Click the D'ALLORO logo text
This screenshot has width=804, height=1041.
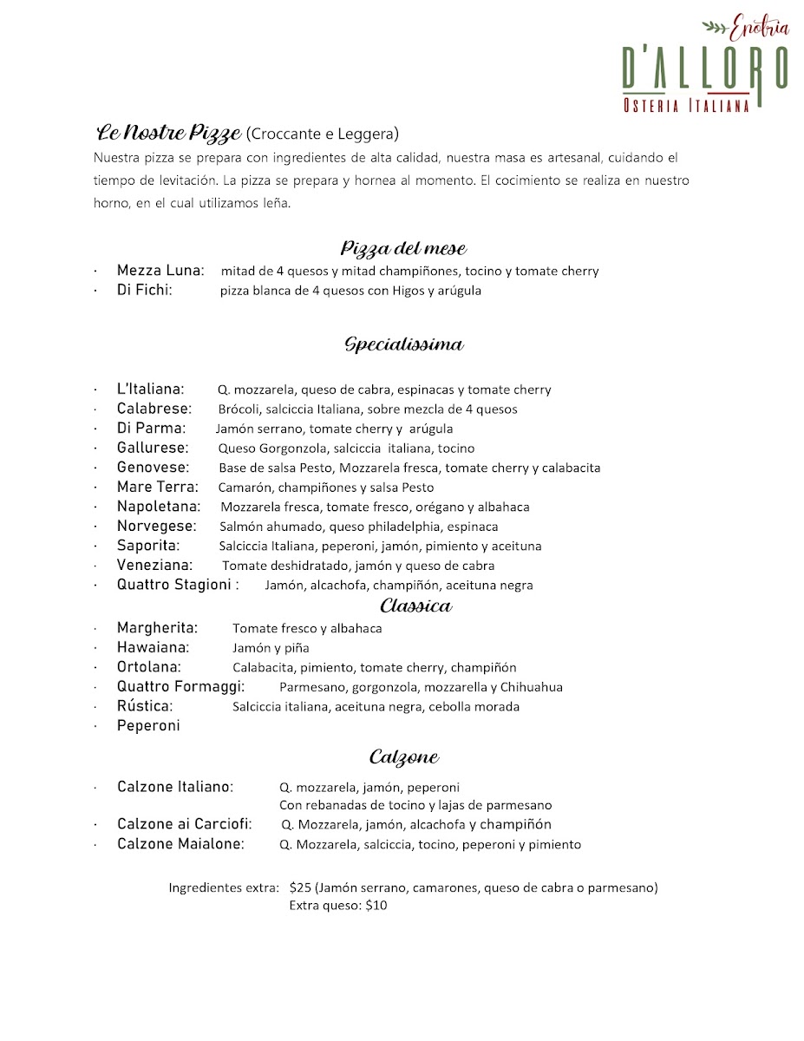(x=704, y=67)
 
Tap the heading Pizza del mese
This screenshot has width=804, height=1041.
(x=403, y=248)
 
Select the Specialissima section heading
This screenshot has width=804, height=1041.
(x=403, y=344)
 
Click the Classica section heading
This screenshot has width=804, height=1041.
(x=415, y=606)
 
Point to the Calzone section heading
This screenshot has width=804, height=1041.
(x=403, y=757)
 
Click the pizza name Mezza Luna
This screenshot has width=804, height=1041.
(x=160, y=271)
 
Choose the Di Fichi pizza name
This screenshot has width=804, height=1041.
(x=145, y=291)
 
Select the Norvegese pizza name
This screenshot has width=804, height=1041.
(x=157, y=526)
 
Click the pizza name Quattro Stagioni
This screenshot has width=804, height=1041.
(x=177, y=585)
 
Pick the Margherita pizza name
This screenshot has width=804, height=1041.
(x=157, y=627)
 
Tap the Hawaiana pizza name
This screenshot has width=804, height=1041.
(x=153, y=647)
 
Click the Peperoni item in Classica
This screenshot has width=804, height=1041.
(x=148, y=726)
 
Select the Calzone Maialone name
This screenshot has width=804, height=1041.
(x=180, y=844)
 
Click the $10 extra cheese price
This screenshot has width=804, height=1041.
(x=376, y=906)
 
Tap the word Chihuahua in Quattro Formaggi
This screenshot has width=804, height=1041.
(x=530, y=687)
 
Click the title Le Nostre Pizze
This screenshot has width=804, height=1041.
(x=168, y=134)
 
